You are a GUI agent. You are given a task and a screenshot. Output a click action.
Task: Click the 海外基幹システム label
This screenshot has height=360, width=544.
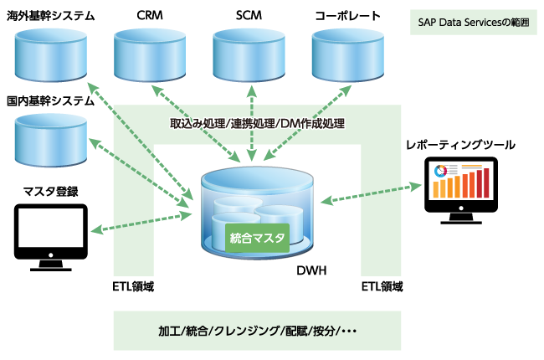click(50, 16)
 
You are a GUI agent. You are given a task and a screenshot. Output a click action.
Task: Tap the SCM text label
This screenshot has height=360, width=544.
click(249, 16)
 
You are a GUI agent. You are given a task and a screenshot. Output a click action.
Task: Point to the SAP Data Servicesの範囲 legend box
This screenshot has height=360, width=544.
click(474, 23)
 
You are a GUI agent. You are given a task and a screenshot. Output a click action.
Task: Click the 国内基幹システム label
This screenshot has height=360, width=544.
click(50, 100)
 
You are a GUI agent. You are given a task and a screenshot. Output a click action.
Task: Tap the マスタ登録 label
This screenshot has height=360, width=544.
click(51, 191)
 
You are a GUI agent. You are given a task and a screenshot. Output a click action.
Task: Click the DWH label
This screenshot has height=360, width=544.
click(311, 271)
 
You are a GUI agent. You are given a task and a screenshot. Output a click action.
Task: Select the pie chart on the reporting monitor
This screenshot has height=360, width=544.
click(441, 174)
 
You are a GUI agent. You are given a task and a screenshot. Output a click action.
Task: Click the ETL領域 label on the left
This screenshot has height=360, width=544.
click(133, 286)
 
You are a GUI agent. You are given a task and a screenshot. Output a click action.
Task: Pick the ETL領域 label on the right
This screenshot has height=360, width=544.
click(382, 286)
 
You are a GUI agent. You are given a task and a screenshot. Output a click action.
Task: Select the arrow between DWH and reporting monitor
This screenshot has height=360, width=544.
click(371, 191)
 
